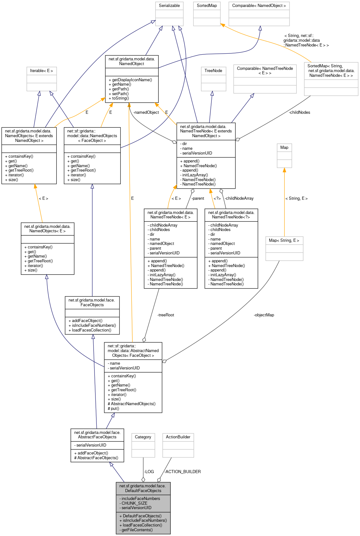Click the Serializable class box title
169,6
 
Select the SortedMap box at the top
207,6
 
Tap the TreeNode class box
213,71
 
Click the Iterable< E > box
41,71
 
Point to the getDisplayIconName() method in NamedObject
132,80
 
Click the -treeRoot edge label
166,315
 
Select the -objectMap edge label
264,315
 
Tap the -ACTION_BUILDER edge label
182,472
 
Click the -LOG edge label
149,472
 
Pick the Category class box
143,437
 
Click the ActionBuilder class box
178,437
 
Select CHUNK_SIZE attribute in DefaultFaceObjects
134,503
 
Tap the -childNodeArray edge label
239,198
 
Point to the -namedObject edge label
146,113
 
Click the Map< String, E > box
284,241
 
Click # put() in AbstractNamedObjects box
114,409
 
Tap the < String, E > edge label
296,198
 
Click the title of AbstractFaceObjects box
97,435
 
